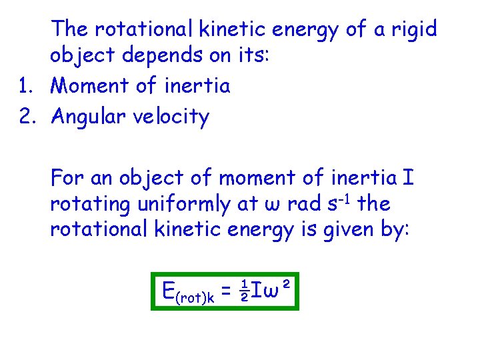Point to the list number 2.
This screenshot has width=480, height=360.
click(x=26, y=117)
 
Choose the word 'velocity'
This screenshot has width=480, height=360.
click(x=177, y=118)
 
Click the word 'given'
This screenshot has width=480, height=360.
click(x=350, y=230)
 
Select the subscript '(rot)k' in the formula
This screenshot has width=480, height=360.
click(x=195, y=297)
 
